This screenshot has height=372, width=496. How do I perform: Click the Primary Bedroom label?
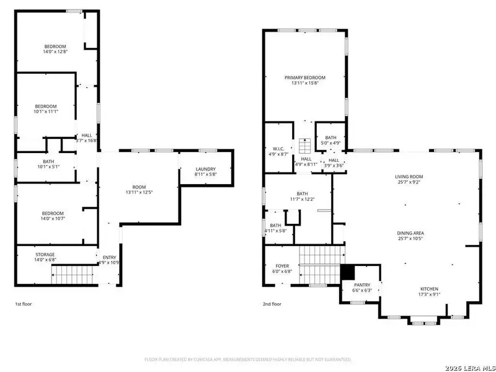pyautogui.click(x=304, y=77)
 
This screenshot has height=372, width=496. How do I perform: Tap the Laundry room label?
pyautogui.click(x=205, y=169)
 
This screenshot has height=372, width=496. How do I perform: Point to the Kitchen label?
pyautogui.click(x=429, y=289)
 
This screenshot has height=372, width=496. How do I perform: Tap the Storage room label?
pyautogui.click(x=45, y=254)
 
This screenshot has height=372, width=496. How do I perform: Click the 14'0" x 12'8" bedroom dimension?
pyautogui.click(x=55, y=53)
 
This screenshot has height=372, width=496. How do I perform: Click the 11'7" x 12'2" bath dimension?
pyautogui.click(x=302, y=199)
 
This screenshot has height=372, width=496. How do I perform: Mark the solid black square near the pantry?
pyautogui.click(x=347, y=272)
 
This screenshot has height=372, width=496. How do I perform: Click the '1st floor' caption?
pyautogui.click(x=24, y=304)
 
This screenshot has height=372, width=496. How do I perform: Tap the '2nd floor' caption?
pyautogui.click(x=272, y=304)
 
